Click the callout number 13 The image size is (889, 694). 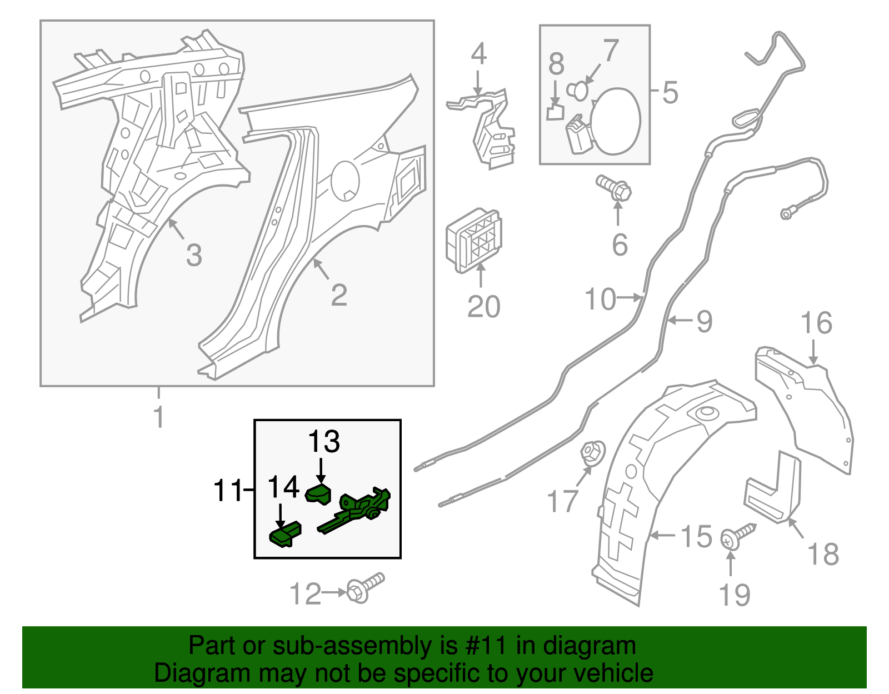pyautogui.click(x=324, y=442)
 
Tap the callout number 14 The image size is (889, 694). pyautogui.click(x=283, y=487)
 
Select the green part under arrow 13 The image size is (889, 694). pyautogui.click(x=319, y=494)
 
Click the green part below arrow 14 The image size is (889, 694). pyautogui.click(x=286, y=535)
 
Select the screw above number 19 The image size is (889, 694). pyautogui.click(x=737, y=535)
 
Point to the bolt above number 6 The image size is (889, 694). pyautogui.click(x=615, y=188)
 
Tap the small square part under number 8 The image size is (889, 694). pyautogui.click(x=555, y=112)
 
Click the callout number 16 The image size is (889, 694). pyautogui.click(x=816, y=323)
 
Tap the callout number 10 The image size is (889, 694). pyautogui.click(x=600, y=299)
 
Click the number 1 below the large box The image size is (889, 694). pyautogui.click(x=159, y=417)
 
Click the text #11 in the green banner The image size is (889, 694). pyautogui.click(x=483, y=646)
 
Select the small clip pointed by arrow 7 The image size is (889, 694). pyautogui.click(x=578, y=90)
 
